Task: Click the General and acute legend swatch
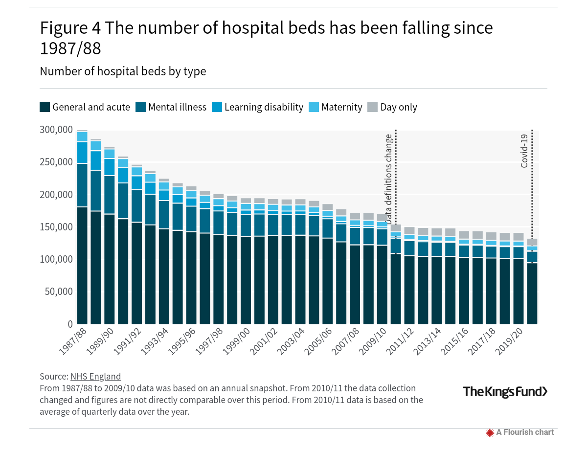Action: (x=45, y=107)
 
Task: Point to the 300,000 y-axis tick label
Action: (x=55, y=130)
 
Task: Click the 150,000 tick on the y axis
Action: (x=55, y=227)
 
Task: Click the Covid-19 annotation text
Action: (x=524, y=151)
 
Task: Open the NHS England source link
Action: (x=95, y=377)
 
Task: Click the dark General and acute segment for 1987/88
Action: (x=82, y=264)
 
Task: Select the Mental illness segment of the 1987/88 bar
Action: (x=82, y=185)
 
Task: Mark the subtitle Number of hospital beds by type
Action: (x=123, y=71)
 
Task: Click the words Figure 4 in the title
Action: (x=70, y=28)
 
